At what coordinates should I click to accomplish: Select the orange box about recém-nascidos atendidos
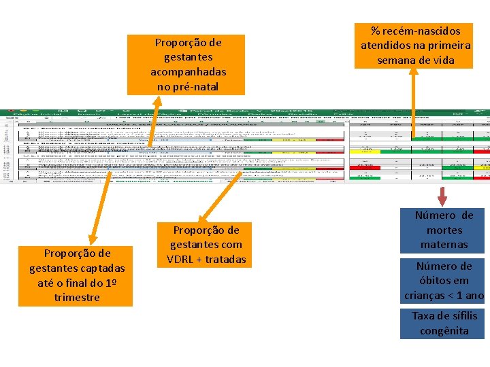[x=415, y=45]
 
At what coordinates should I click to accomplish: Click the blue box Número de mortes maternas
[x=444, y=230]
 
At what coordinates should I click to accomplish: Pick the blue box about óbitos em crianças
[x=444, y=281]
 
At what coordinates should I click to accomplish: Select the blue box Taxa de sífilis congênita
[x=444, y=324]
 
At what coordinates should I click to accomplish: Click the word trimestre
[x=77, y=297]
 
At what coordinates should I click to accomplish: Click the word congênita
[x=444, y=331]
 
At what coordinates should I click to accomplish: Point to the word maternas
[x=444, y=244]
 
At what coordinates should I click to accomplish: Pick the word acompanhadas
[x=189, y=71]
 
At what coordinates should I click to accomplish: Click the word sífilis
[x=463, y=316]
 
